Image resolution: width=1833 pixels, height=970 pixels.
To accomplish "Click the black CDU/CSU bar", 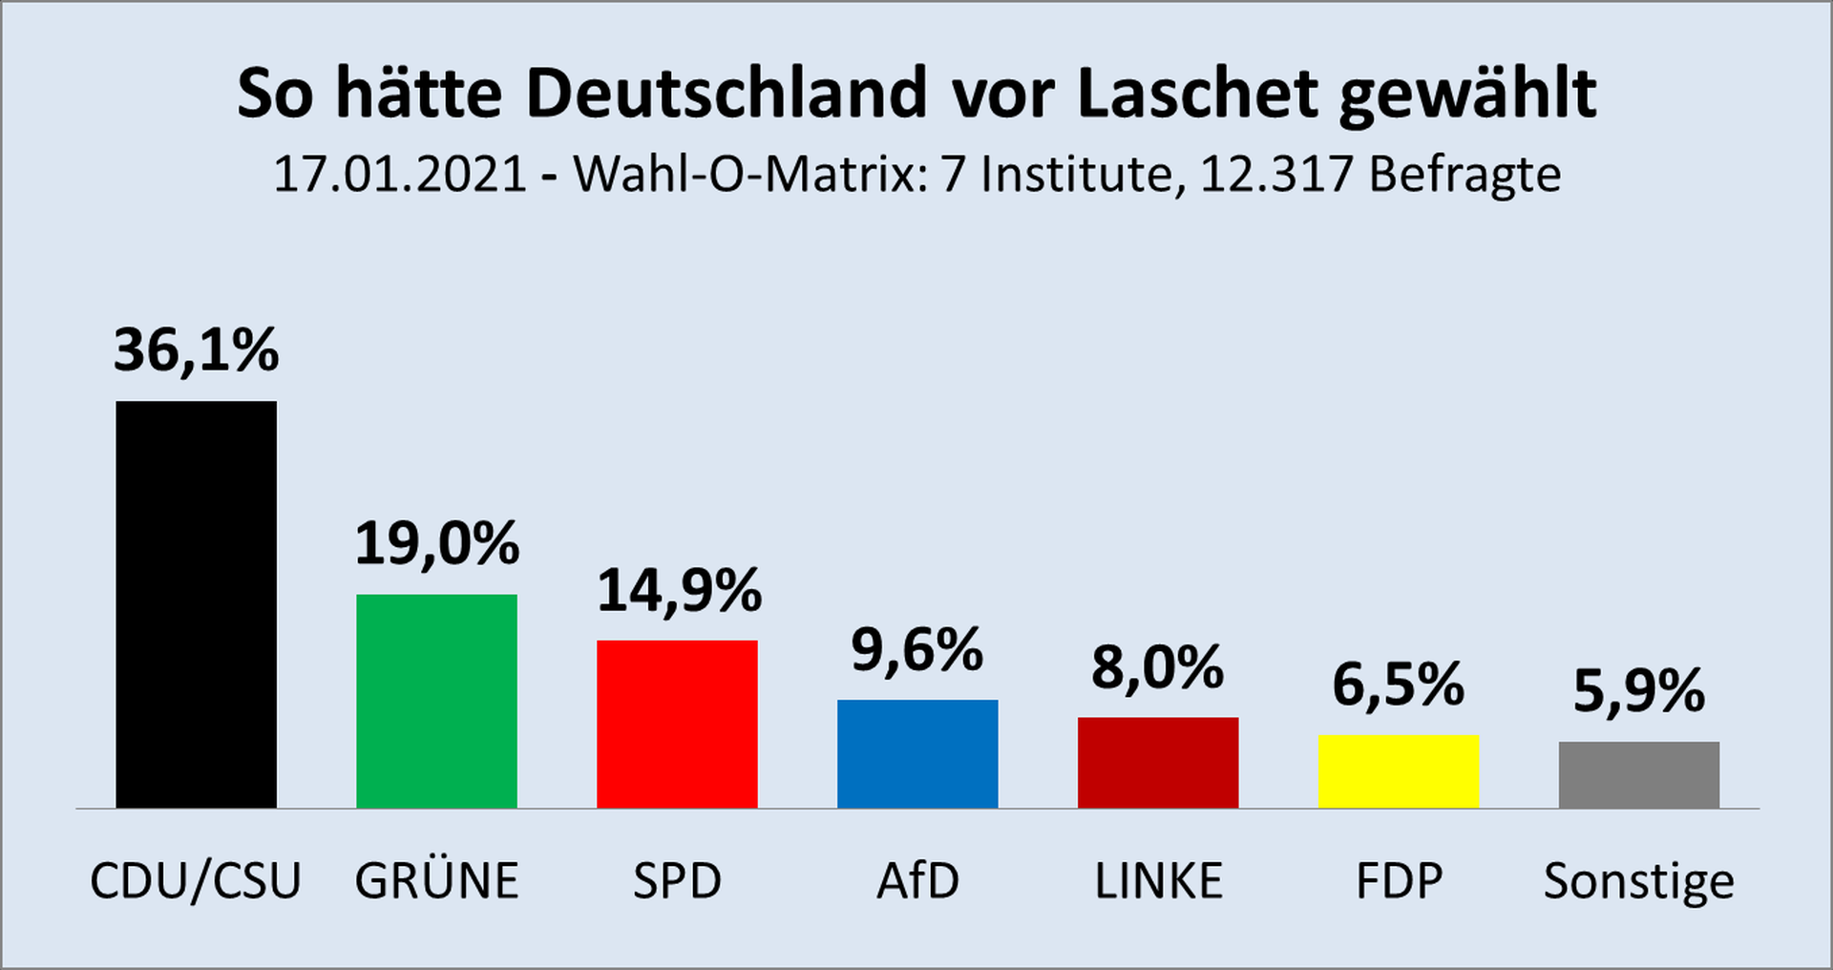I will [x=196, y=604].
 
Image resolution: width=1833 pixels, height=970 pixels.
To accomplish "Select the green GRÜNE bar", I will [x=436, y=701].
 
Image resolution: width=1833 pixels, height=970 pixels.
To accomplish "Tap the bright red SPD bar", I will [x=677, y=724].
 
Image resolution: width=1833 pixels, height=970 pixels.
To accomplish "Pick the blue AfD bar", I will [x=917, y=753].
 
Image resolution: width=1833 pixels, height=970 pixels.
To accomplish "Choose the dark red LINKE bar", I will [x=1158, y=762].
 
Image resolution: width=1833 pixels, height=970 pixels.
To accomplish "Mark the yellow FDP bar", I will [x=1399, y=770].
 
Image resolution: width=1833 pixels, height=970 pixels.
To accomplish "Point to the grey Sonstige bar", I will [x=1639, y=774].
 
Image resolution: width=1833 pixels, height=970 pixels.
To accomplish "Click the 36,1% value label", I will [x=196, y=350].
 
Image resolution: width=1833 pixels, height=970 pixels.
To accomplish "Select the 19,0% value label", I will [x=436, y=544].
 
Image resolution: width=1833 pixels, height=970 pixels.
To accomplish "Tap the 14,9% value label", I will [x=679, y=590].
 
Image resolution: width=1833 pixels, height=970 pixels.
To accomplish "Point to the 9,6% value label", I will [x=916, y=651].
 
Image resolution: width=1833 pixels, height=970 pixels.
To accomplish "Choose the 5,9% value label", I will [x=1638, y=691].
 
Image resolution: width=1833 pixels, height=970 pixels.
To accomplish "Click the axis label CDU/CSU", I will [x=196, y=880].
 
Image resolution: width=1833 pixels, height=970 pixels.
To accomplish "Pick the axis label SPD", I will [x=677, y=880].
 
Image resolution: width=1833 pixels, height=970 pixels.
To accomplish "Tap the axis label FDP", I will [x=1399, y=880].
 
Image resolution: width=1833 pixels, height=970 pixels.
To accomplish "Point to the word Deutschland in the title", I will [x=727, y=94].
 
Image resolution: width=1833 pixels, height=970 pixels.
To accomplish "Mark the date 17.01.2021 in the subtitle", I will [x=400, y=175].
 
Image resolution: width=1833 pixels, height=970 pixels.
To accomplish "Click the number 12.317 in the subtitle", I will [x=1276, y=175].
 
